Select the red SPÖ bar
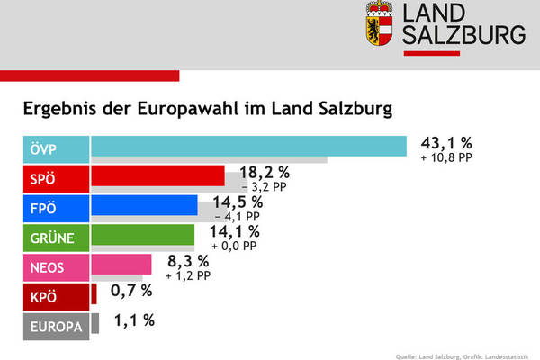click(157, 175)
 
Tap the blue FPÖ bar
click(144, 206)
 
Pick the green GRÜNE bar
click(142, 236)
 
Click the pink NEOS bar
click(121, 265)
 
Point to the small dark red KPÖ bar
click(94, 294)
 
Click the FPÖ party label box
click(56, 207)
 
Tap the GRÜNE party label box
click(56, 237)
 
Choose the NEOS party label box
click(56, 266)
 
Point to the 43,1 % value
click(445, 142)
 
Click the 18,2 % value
click(264, 173)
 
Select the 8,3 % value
click(189, 261)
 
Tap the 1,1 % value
click(134, 319)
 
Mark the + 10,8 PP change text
click(445, 158)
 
